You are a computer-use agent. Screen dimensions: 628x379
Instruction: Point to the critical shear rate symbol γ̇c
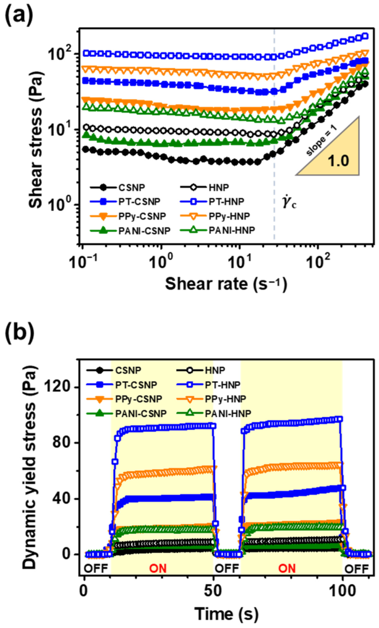click(x=289, y=202)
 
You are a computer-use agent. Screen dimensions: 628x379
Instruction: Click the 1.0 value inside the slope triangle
click(x=338, y=161)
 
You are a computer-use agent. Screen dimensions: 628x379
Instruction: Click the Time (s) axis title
click(x=226, y=613)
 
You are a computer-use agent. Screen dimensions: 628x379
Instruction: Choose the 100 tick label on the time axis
click(x=342, y=591)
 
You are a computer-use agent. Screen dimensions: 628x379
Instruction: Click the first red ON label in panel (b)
click(x=158, y=568)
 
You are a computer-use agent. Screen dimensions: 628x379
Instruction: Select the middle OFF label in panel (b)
click(x=226, y=568)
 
